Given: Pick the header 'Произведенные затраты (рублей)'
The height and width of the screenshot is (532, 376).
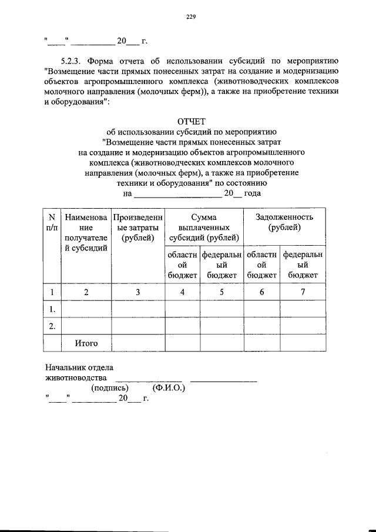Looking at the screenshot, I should click(x=137, y=227).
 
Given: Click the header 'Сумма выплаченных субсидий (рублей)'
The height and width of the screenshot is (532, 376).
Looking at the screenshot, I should click(x=204, y=227).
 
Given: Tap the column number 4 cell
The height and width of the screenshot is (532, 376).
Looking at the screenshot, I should click(x=182, y=292).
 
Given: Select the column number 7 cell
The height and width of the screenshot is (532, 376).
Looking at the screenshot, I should click(x=303, y=292).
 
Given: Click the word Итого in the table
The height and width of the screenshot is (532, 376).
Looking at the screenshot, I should click(x=86, y=343).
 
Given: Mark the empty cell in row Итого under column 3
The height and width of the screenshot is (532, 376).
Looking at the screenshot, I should click(x=137, y=343).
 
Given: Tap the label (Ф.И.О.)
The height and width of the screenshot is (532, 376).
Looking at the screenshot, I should click(x=168, y=388).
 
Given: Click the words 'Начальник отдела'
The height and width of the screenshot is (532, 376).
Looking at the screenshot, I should click(x=76, y=367).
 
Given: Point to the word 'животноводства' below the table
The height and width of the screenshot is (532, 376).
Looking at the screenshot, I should click(x=76, y=377).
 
